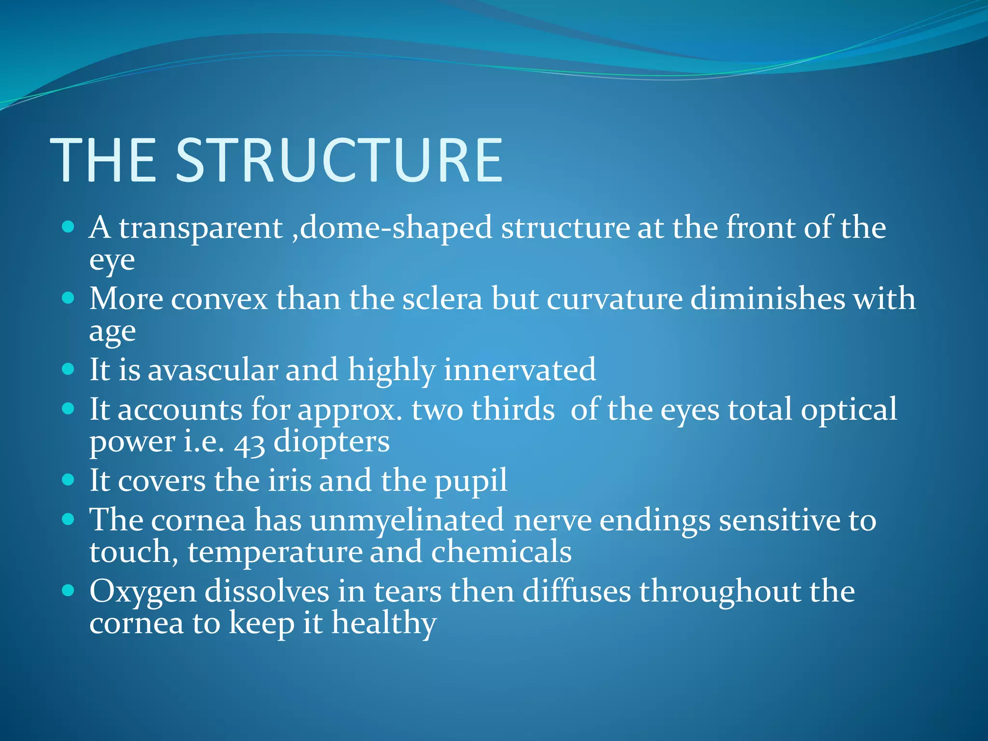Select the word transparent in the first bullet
point(200,228)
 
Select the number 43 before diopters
point(249,443)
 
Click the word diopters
point(331,442)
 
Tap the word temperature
point(274,552)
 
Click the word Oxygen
point(143,592)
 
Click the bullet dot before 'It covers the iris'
point(69,480)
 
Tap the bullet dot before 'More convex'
point(69,298)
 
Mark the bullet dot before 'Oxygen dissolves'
point(69,590)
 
